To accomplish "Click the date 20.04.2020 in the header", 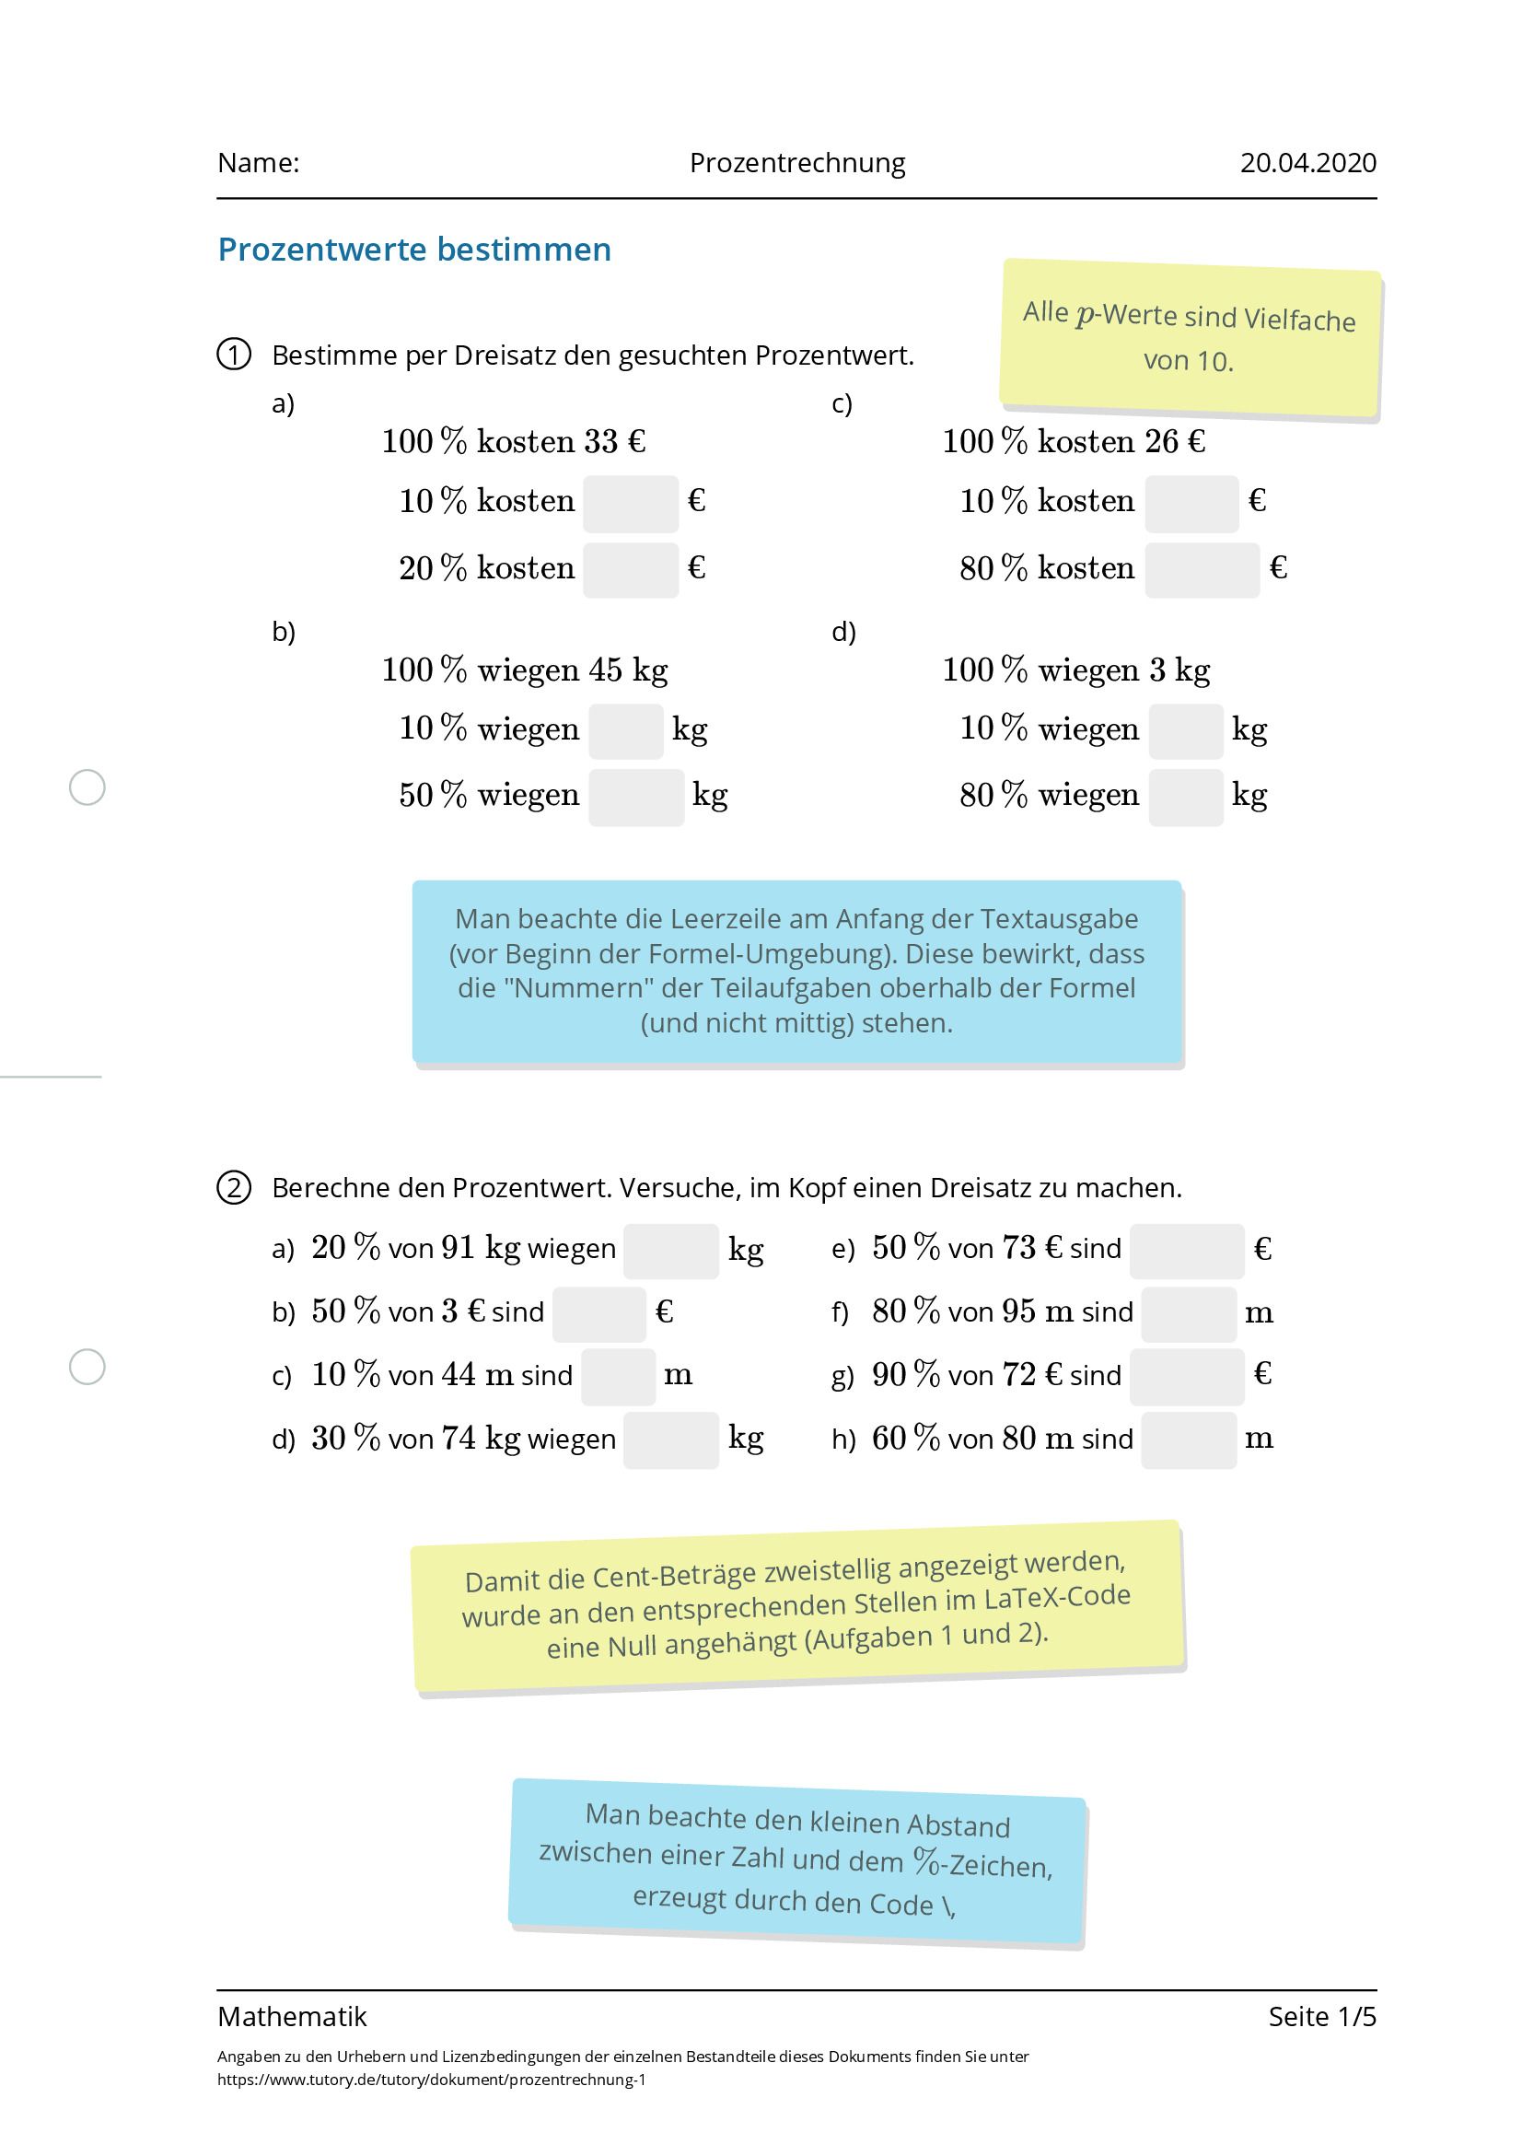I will tap(1307, 163).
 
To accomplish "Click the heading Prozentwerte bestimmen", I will tap(414, 250).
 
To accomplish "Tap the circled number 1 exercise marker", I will tap(234, 355).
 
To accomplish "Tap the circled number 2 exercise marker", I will tap(234, 1188).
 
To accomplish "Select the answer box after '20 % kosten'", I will tap(630, 569).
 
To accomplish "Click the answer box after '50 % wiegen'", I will tap(635, 798).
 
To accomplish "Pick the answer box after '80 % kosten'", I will tap(1201, 569).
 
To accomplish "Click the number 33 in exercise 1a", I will tap(600, 441).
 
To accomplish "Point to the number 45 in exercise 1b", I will tap(605, 670).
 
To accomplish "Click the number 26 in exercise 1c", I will tap(1160, 441).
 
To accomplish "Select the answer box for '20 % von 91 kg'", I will tap(670, 1250).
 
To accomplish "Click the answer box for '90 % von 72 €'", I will tap(1186, 1376).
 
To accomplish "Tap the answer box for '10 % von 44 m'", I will tap(618, 1376).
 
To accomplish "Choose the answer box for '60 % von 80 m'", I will tap(1188, 1439).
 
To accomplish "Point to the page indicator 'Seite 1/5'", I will tap(1321, 2016).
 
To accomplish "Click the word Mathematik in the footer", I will tap(292, 2016).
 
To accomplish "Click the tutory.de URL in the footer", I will tap(431, 2079).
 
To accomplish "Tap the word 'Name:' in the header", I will tap(258, 163).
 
